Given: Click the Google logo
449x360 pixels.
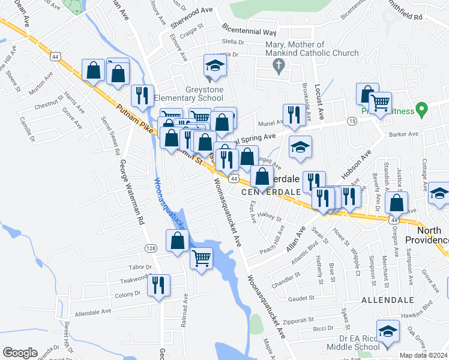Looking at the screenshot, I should pos(20,353).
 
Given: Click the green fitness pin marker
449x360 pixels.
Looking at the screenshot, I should pos(422,110).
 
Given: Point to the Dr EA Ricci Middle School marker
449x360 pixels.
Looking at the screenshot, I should pos(388,331).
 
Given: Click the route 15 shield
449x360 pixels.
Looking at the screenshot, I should pos(352,121).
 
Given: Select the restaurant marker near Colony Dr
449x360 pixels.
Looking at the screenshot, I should pos(158,284).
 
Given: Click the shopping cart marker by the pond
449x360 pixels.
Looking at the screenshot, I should pos(202,259).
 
